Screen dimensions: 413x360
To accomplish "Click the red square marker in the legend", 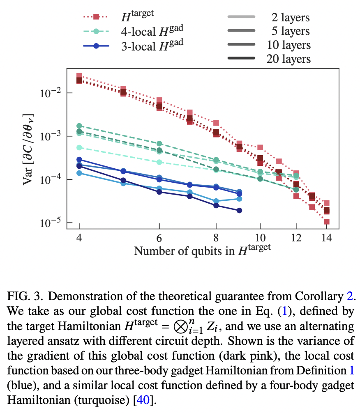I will pos(96,17).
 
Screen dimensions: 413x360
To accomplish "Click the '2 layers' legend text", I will pos(290,17).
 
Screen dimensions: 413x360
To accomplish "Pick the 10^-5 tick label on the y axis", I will pos(50,223).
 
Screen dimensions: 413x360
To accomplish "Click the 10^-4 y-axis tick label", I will pos(50,179).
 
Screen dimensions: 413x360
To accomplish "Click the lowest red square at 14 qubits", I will pos(326,222).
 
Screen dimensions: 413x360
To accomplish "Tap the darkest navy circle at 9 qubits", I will pos(239,210).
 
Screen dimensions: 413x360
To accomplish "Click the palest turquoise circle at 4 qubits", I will pos(79,147).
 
